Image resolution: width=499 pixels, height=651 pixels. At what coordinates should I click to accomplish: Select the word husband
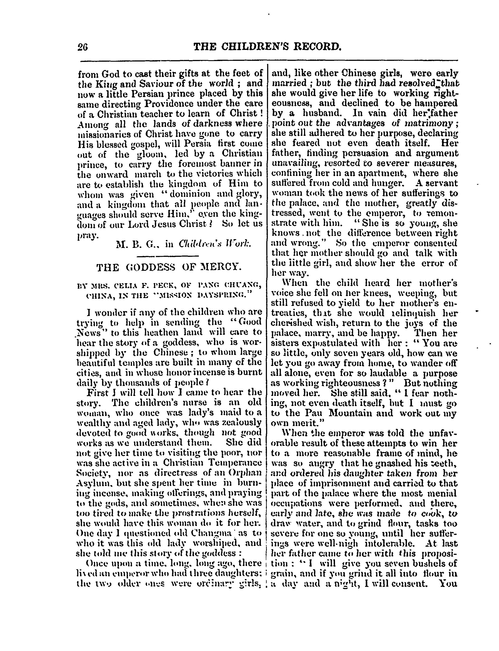click(319, 113)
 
